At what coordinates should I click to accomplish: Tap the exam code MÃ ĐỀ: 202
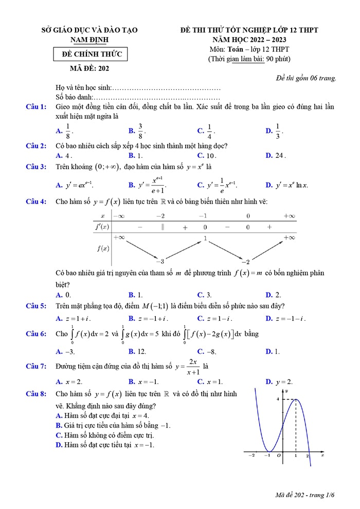coord(89,68)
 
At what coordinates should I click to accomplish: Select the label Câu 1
coord(37,106)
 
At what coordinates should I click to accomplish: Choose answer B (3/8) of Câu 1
coord(135,131)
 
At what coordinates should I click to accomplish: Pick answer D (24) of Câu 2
coord(275,155)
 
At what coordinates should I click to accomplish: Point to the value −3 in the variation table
coord(160,261)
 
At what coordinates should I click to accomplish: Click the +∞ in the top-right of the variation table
coord(289,216)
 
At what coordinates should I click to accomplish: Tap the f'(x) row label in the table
coord(102,227)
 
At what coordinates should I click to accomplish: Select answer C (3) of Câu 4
coord(204,295)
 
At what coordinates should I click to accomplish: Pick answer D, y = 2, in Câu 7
coord(279,381)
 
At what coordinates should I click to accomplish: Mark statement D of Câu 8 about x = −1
coord(105,445)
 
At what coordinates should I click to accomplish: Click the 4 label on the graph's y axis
coord(277,399)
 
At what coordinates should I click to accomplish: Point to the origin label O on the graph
coord(278,456)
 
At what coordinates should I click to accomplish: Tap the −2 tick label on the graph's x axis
coord(251,456)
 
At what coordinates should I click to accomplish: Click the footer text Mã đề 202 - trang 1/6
coord(304,495)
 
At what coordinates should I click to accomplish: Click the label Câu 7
coord(37,366)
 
